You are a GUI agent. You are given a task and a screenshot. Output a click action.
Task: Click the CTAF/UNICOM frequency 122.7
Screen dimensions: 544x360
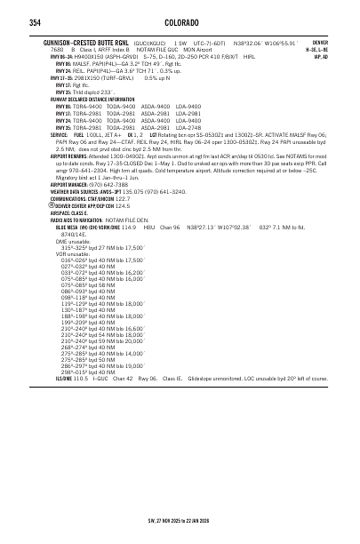click(130, 198)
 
